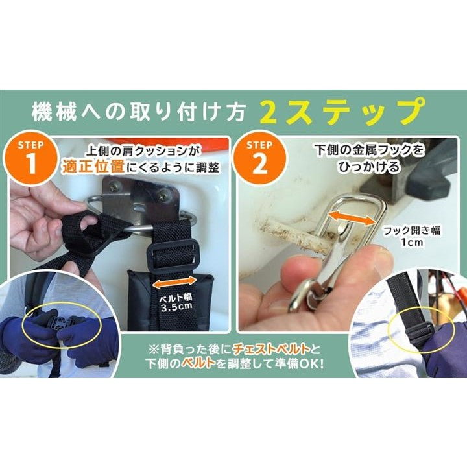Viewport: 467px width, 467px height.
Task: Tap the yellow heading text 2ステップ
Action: [x=342, y=112]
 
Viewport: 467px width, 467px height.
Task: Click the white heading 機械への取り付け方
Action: [x=138, y=112]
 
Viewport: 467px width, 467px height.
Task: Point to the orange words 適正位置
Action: [x=93, y=167]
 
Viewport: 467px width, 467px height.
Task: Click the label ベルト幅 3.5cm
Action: [x=176, y=302]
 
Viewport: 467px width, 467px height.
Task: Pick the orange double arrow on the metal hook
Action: [x=351, y=217]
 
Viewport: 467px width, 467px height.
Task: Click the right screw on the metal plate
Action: [x=163, y=197]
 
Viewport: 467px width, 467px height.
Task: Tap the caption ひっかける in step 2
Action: [x=369, y=166]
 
